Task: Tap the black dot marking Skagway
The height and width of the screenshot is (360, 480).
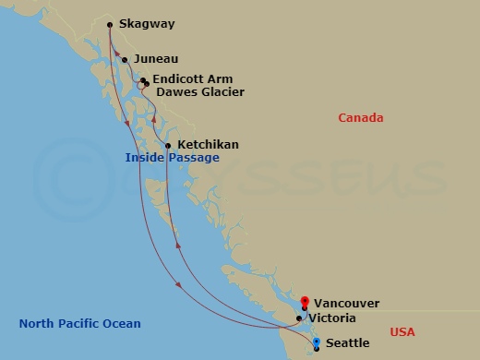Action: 110,25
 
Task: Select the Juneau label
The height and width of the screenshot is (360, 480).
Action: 156,59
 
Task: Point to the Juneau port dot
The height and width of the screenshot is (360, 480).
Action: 125,60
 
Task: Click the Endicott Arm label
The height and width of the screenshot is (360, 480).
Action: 193,79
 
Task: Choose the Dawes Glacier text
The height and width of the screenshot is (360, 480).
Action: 200,92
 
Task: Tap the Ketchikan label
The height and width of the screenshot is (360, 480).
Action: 208,145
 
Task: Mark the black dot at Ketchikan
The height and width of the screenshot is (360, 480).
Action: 168,145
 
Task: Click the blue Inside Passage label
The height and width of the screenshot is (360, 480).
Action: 173,158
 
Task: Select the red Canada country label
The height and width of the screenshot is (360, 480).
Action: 360,118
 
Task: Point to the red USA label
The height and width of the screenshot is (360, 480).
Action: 403,331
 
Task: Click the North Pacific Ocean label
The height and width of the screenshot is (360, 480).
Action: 80,323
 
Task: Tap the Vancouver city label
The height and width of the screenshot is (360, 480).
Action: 346,303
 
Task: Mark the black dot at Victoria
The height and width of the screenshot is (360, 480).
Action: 298,318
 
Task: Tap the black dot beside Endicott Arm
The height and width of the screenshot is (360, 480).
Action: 144,80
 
